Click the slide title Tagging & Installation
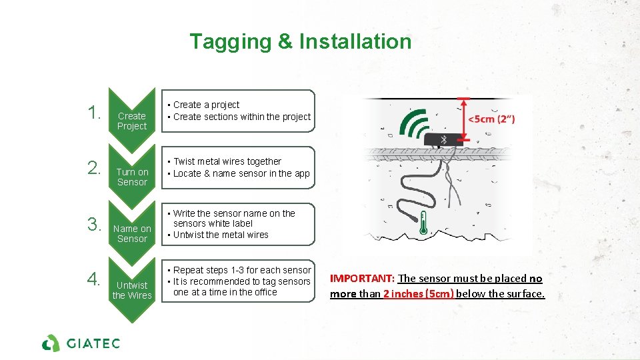tap(300, 41)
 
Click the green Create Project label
tap(131, 121)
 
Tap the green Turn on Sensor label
tap(131, 177)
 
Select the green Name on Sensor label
tap(131, 233)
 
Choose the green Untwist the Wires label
tap(131, 290)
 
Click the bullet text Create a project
tap(206, 105)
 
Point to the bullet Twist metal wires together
tap(227, 161)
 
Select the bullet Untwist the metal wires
tap(221, 235)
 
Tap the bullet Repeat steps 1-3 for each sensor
tap(242, 270)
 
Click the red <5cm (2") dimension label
tap(491, 119)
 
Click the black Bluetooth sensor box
tap(443, 140)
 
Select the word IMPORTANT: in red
tap(362, 279)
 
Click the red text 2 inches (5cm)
tap(418, 293)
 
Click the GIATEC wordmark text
tap(93, 343)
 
